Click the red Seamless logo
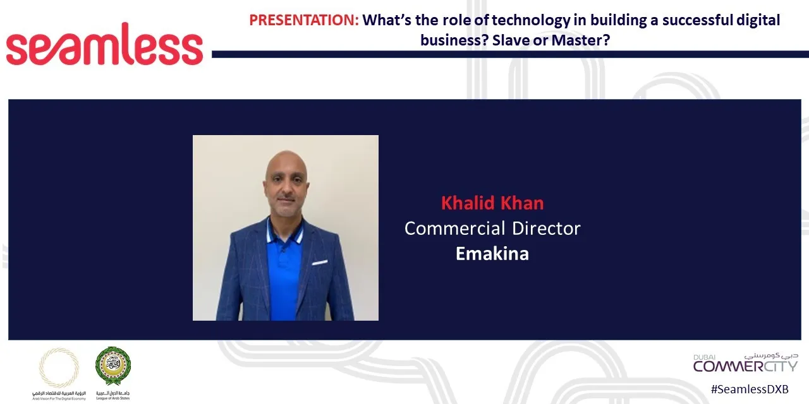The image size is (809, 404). click(104, 45)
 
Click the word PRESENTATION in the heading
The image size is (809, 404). click(303, 20)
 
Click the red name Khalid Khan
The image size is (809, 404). click(492, 203)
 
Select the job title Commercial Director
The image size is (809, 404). click(492, 228)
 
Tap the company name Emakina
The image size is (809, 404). click(492, 253)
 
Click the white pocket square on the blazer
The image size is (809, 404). click(320, 262)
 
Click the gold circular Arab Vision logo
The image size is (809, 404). click(59, 367)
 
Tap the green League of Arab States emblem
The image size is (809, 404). click(113, 365)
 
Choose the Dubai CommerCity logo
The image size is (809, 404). click(745, 362)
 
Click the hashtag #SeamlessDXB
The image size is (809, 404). click(749, 389)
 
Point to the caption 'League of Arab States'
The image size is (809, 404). click(113, 398)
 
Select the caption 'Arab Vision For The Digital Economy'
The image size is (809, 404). click(59, 398)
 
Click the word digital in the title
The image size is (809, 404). click(758, 20)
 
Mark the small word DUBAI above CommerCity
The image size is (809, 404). click(704, 357)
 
